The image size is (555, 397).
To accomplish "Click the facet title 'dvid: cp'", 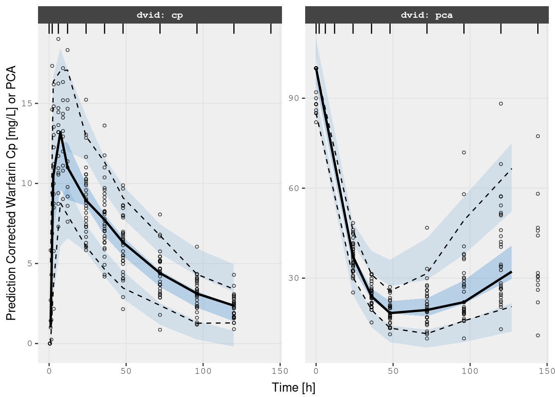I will pyautogui.click(x=160, y=15).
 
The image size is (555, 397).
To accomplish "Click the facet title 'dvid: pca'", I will pyautogui.click(x=427, y=15).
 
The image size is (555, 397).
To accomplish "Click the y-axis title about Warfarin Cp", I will pyautogui.click(x=11, y=193).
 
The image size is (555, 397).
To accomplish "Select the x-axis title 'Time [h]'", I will pyautogui.click(x=293, y=387).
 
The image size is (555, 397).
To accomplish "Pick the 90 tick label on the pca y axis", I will pyautogui.click(x=294, y=98).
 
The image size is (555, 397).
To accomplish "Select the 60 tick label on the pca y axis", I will pyautogui.click(x=294, y=188).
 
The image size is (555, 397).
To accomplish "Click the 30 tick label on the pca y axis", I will pyautogui.click(x=294, y=278).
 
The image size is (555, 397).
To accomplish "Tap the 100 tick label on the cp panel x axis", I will pyautogui.click(x=203, y=371).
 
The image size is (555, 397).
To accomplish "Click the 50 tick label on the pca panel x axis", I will pyautogui.click(x=393, y=371).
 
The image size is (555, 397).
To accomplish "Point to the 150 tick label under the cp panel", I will pyautogui.click(x=280, y=371).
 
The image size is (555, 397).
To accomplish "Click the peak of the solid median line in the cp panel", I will pyautogui.click(x=60, y=132).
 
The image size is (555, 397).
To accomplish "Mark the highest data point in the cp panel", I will pyautogui.click(x=58, y=39).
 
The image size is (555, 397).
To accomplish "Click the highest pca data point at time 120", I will pyautogui.click(x=501, y=104).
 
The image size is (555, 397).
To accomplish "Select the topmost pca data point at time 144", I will pyautogui.click(x=538, y=136).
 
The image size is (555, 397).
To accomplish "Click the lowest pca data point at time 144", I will pyautogui.click(x=538, y=335).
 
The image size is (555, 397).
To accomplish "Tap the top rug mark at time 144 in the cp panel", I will pyautogui.click(x=271, y=29).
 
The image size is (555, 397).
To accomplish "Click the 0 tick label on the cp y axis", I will pyautogui.click(x=29, y=343).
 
